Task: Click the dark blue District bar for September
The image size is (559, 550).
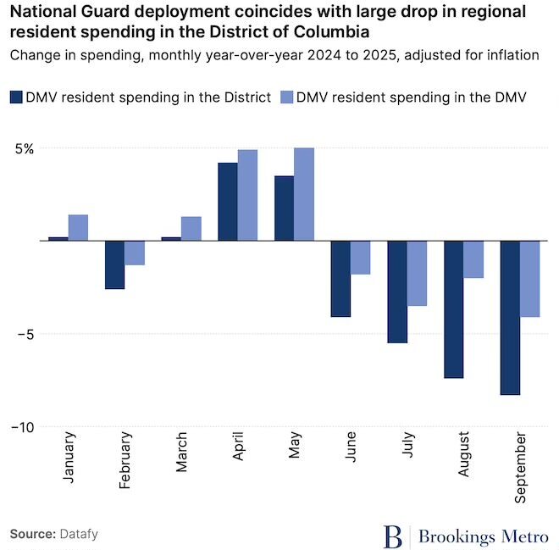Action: [510, 318]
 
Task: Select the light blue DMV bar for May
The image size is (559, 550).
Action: [304, 194]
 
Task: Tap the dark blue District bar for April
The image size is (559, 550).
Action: [228, 202]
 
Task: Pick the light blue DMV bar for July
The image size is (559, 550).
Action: [417, 273]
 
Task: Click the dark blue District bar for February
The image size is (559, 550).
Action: [114, 264]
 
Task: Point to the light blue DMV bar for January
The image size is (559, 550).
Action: [78, 227]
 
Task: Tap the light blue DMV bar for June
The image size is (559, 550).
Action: [361, 258]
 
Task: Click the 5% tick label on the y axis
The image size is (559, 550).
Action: [24, 148]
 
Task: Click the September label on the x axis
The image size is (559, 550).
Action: [519, 468]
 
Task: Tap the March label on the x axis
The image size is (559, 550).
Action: [181, 458]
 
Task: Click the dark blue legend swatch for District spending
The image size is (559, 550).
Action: [17, 97]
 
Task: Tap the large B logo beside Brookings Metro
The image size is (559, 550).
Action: [393, 536]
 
